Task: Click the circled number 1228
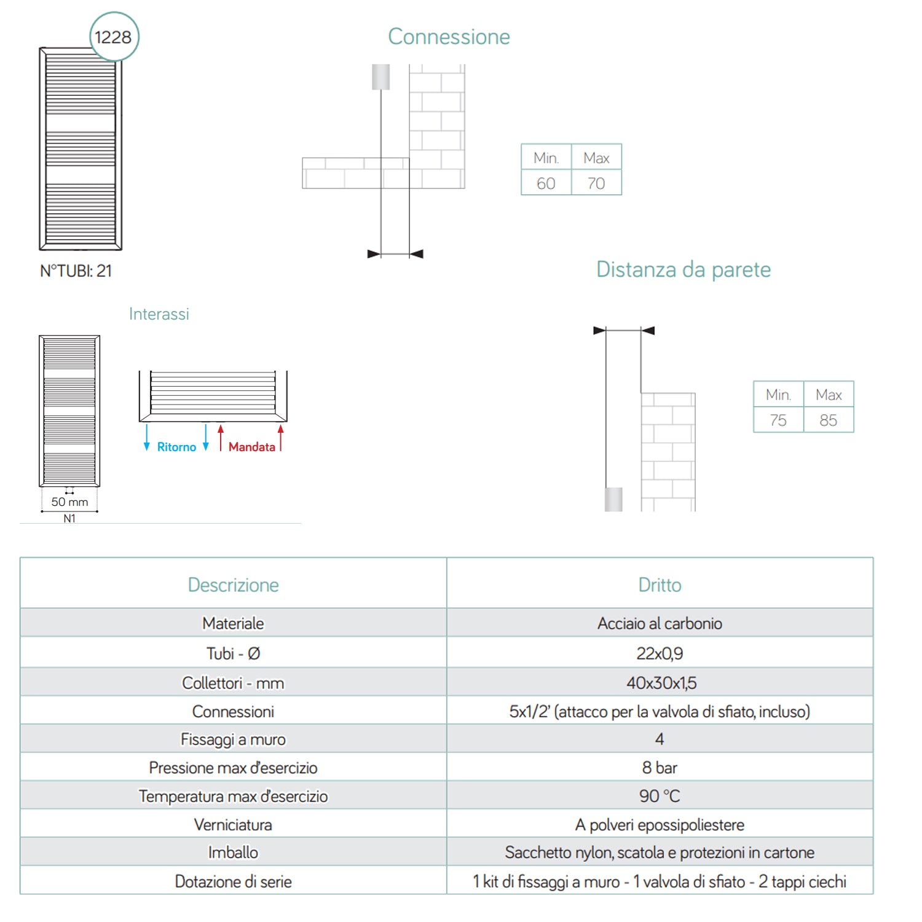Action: click(x=114, y=37)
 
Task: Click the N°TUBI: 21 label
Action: click(x=76, y=271)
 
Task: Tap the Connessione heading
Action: click(x=449, y=37)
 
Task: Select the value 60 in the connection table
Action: click(x=546, y=183)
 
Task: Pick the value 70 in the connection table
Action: click(x=596, y=183)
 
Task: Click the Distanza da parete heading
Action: click(x=683, y=269)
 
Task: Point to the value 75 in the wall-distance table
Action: click(x=778, y=420)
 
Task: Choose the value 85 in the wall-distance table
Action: click(x=829, y=420)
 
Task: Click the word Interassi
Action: click(x=159, y=314)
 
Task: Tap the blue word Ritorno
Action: click(x=176, y=447)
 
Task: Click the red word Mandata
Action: click(x=252, y=447)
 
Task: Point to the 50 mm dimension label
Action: click(x=69, y=502)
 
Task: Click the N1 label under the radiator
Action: click(x=69, y=519)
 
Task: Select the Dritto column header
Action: click(x=660, y=585)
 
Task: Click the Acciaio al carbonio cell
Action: click(x=660, y=623)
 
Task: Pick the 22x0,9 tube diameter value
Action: click(x=660, y=653)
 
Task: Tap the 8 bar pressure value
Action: click(x=660, y=768)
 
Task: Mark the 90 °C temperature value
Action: click(x=660, y=796)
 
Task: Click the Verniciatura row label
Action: click(x=233, y=824)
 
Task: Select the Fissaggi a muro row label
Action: click(x=233, y=739)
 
